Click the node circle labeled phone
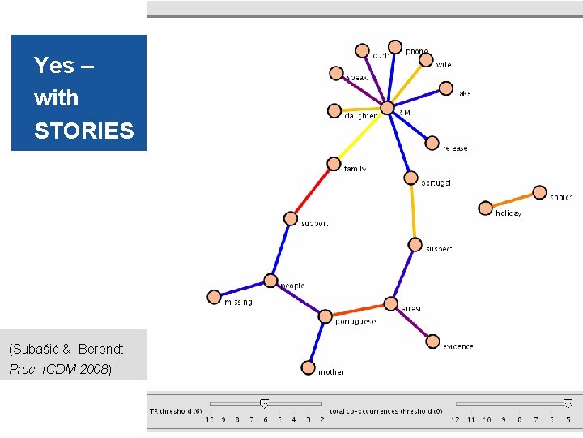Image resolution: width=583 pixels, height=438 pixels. pyautogui.click(x=394, y=48)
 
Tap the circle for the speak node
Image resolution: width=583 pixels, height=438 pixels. pyautogui.click(x=336, y=74)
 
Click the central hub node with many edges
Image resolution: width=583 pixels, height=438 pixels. pyautogui.click(x=387, y=108)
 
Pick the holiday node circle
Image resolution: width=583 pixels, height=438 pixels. pyautogui.click(x=486, y=208)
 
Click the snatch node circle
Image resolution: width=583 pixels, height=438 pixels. pyautogui.click(x=540, y=192)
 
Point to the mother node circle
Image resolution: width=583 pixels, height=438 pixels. pyautogui.click(x=308, y=367)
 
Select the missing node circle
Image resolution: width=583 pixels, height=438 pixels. pyautogui.click(x=214, y=297)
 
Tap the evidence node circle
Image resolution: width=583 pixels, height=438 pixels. pyautogui.click(x=432, y=342)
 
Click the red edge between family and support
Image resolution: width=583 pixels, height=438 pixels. pyautogui.click(x=312, y=191)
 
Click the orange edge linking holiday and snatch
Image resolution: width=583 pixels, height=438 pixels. pyautogui.click(x=513, y=200)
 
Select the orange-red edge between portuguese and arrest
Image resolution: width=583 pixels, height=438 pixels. pyautogui.click(x=357, y=311)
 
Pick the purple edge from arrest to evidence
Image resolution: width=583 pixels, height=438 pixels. pyautogui.click(x=412, y=324)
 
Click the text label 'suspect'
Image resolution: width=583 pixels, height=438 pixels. pyautogui.click(x=439, y=249)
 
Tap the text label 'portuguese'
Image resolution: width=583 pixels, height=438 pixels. pyautogui.click(x=355, y=322)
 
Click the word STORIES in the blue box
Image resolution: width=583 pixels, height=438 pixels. pyautogui.click(x=83, y=131)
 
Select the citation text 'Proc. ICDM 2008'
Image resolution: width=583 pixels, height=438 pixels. pyautogui.click(x=60, y=369)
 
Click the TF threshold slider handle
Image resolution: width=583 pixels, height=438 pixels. pyautogui.click(x=264, y=403)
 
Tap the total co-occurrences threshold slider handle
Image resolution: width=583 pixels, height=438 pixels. pyautogui.click(x=568, y=403)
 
